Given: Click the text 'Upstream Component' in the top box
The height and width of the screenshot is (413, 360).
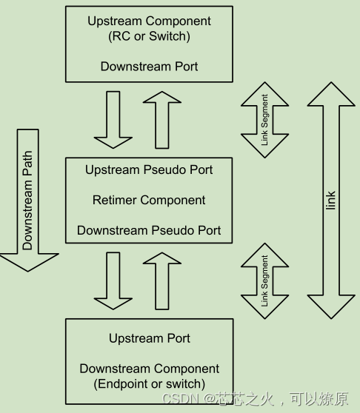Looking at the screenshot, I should coord(149,21).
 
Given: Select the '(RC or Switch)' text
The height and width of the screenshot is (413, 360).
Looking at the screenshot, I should coord(149,36).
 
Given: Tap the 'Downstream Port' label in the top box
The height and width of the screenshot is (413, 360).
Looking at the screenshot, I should coord(149,66).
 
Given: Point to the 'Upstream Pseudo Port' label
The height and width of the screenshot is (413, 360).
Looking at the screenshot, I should coord(149,169).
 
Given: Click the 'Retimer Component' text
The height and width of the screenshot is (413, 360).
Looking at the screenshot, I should coord(149,200).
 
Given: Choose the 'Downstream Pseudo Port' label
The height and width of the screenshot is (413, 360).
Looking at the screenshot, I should coord(149,230).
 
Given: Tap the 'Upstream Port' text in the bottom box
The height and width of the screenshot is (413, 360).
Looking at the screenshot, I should coord(149,338).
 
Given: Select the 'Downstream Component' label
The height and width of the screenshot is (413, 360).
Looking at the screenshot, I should coord(149,369).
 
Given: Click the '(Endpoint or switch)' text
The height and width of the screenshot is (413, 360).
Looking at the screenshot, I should coord(149,383).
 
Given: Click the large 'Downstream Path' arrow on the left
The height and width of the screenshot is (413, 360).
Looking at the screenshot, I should coord(28,196).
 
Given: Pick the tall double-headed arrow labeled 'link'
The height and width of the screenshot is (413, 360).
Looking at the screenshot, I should coord(331,200).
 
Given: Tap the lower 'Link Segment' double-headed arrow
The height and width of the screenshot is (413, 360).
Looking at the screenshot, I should coord(264,281).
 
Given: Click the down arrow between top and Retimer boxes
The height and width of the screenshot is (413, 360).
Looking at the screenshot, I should coord(113,118).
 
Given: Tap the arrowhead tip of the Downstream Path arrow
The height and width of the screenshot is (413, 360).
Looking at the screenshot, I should coord(28,268).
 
